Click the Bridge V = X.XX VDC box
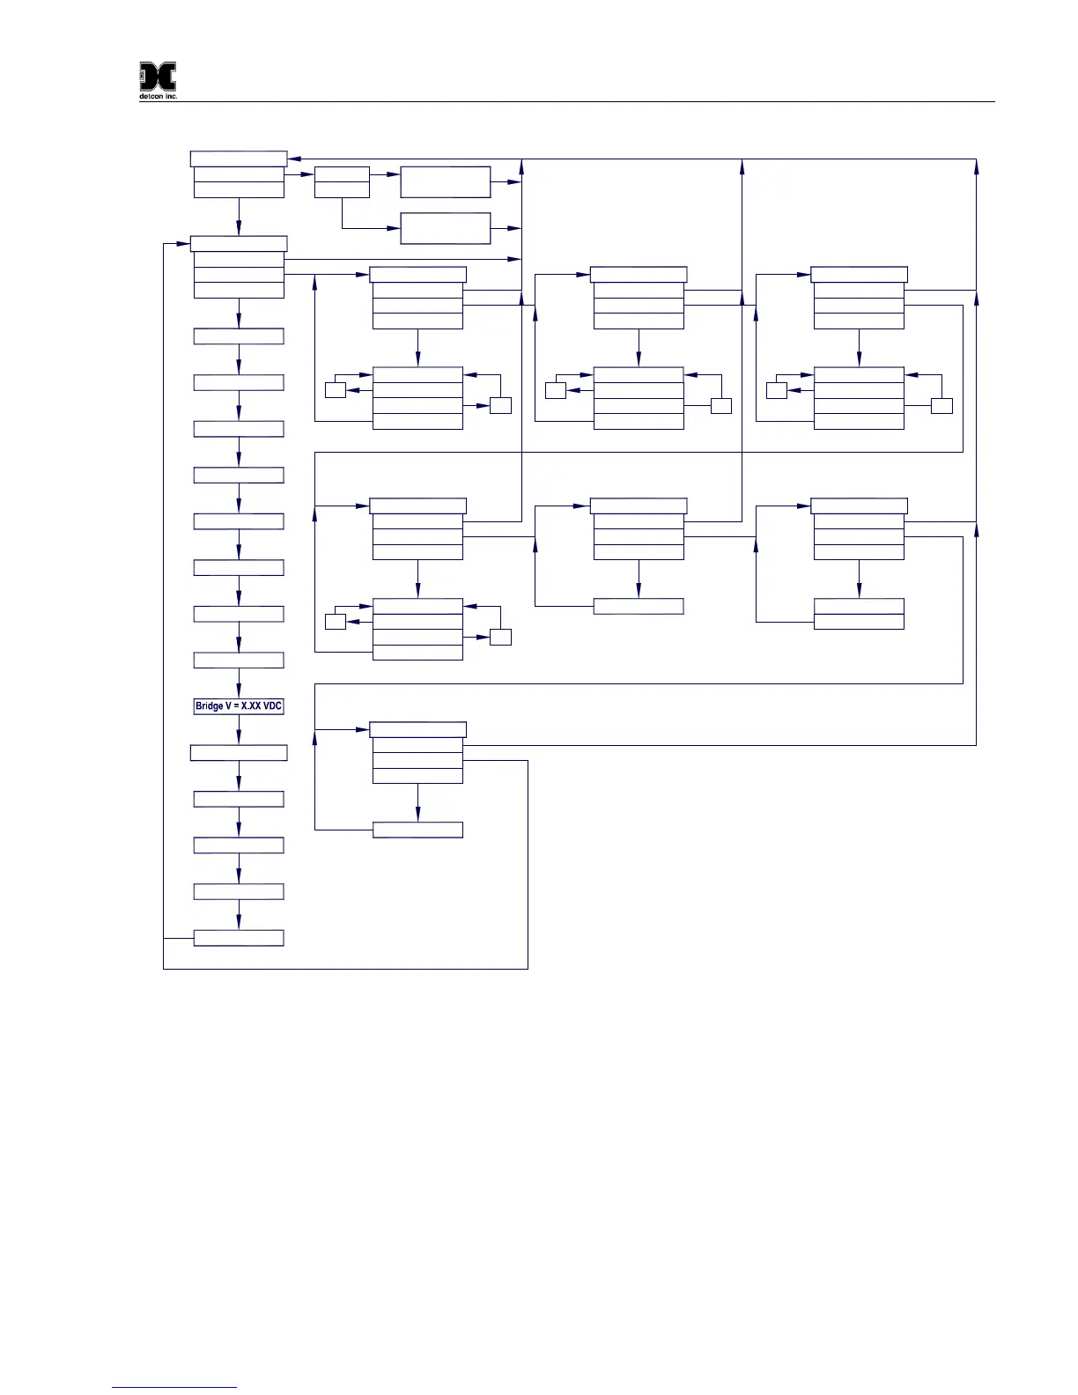[x=239, y=706]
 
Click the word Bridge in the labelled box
[x=210, y=706]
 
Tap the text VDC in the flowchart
[x=271, y=706]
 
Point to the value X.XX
[x=251, y=706]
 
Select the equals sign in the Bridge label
[x=235, y=706]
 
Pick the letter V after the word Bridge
[x=228, y=706]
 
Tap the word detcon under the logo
[x=151, y=96]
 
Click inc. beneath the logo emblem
[x=171, y=96]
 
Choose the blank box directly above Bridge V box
[x=239, y=661]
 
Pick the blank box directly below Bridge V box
[x=239, y=753]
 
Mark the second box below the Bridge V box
[x=239, y=799]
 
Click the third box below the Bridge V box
[x=239, y=845]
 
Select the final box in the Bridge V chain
[x=239, y=938]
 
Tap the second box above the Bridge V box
[x=239, y=614]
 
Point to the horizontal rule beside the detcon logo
[x=581, y=101]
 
